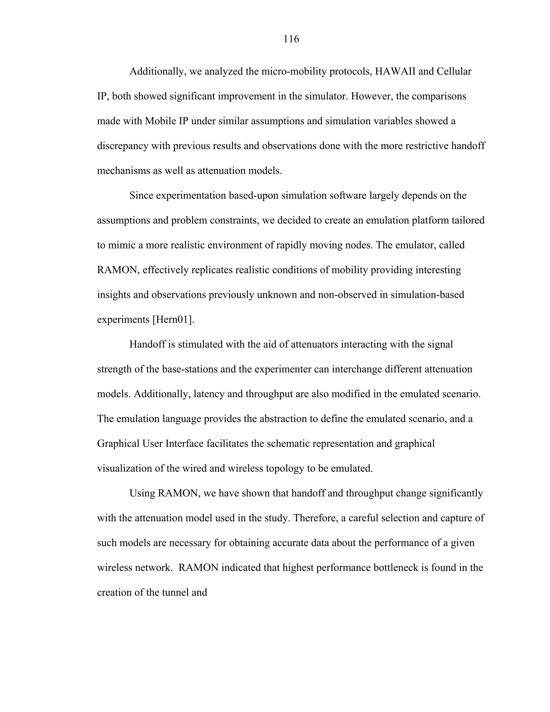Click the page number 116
point(291,39)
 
